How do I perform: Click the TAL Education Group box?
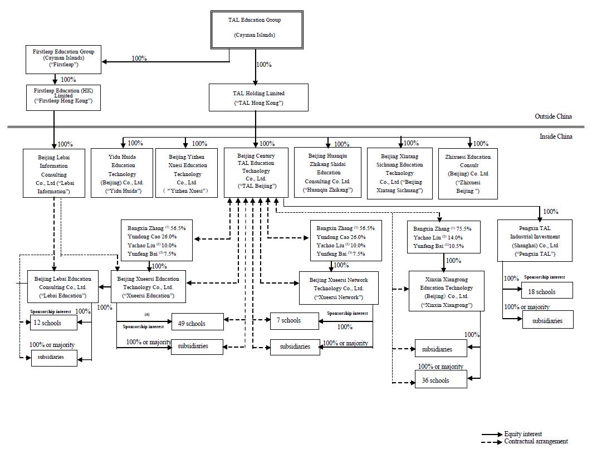[255, 29]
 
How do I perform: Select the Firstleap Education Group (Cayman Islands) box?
[63, 60]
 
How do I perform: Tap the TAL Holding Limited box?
[258, 97]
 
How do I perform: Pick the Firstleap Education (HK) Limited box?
[63, 97]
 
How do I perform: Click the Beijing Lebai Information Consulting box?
[54, 173]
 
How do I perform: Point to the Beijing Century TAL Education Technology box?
[256, 172]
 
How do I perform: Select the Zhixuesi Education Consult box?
[468, 173]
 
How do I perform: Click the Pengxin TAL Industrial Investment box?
[535, 241]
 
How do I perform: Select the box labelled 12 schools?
[53, 323]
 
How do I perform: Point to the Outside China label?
[553, 116]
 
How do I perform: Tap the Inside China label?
[555, 136]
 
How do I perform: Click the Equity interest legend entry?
[523, 434]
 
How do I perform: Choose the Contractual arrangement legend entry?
[536, 441]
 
